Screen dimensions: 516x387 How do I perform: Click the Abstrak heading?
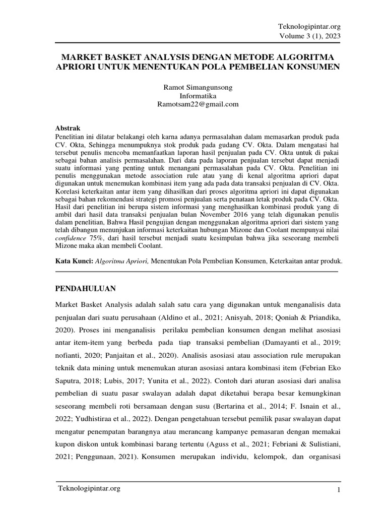[67, 128]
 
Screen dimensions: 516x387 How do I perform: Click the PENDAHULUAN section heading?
[85, 289]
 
